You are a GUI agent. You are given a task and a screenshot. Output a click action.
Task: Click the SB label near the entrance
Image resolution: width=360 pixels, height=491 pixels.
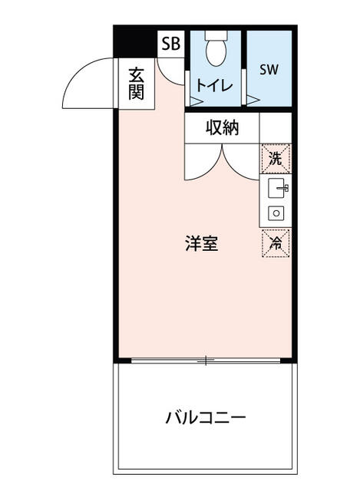pos(170,44)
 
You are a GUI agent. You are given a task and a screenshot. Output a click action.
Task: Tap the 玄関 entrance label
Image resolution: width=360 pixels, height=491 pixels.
pos(136,84)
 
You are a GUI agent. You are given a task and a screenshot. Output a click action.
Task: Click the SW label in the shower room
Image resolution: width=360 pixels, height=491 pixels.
pos(268,70)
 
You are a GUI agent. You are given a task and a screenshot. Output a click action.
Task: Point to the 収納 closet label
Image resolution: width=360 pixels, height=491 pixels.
pos(222,128)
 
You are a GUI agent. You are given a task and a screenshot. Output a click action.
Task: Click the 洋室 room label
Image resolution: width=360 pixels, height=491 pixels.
pos(201,244)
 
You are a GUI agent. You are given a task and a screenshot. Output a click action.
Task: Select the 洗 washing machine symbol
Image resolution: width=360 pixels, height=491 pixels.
pos(276,160)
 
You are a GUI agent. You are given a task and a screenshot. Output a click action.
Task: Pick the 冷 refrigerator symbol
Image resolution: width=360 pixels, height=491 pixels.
pos(276,243)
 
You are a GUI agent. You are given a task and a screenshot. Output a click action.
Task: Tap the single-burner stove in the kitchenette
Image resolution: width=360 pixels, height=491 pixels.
pos(276,213)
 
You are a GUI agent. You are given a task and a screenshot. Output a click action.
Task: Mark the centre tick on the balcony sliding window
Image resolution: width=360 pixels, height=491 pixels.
pos(205,360)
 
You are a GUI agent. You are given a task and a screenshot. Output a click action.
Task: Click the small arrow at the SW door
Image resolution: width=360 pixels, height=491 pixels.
pos(252,98)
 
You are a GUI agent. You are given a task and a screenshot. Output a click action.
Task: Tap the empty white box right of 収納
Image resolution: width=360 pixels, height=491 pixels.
pos(276,127)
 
